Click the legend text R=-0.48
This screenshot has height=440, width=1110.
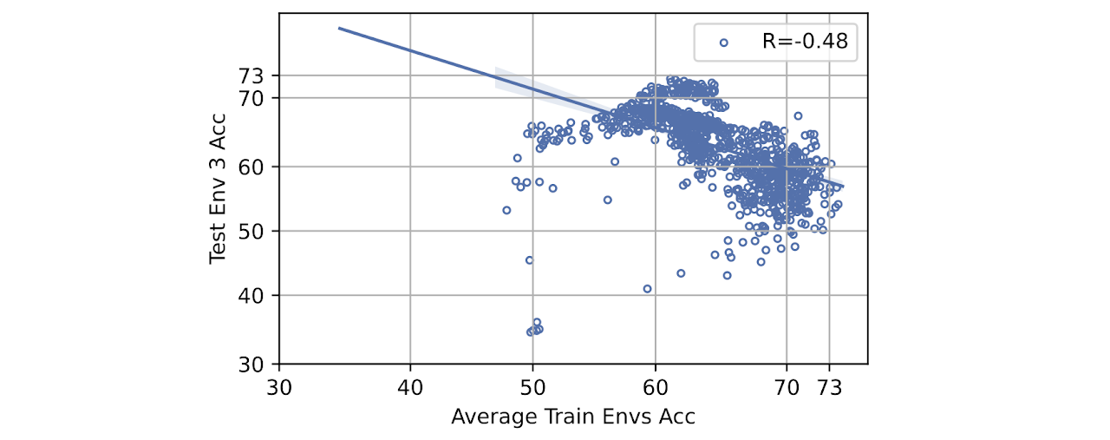pos(799,41)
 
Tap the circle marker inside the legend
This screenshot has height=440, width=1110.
pos(724,41)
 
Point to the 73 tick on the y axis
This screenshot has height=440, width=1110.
pos(258,76)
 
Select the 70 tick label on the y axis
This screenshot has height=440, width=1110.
pos(258,97)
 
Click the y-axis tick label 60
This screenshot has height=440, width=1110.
pos(258,165)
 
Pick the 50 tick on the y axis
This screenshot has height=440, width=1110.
pos(258,231)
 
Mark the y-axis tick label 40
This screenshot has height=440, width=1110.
pos(258,296)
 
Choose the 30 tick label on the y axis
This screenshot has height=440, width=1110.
pos(258,363)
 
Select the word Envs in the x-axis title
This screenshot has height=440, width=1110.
pos(622,417)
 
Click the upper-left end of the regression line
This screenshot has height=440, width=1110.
pos(339,29)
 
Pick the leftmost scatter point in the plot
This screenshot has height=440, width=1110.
pos(507,210)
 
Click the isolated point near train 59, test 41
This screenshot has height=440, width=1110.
pos(648,288)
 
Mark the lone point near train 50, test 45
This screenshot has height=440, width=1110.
pos(530,260)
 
